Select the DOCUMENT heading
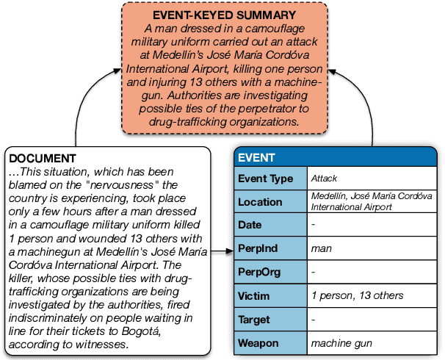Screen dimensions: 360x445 tap(42, 158)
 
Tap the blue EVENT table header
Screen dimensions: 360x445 tap(257, 157)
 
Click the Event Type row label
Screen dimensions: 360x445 tap(265, 179)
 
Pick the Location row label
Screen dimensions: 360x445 tap(260, 202)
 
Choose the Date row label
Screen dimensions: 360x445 tap(250, 225)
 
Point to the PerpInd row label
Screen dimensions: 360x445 tap(258, 248)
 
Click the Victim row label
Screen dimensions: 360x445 tap(255, 295)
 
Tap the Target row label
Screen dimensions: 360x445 tap(255, 320)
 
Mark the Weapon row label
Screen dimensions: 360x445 tap(258, 343)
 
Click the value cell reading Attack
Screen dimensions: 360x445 tap(324, 179)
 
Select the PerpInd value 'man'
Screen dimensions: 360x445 tap(321, 248)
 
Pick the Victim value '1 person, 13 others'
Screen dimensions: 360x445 tap(357, 295)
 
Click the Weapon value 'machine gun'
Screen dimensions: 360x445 tap(341, 343)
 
